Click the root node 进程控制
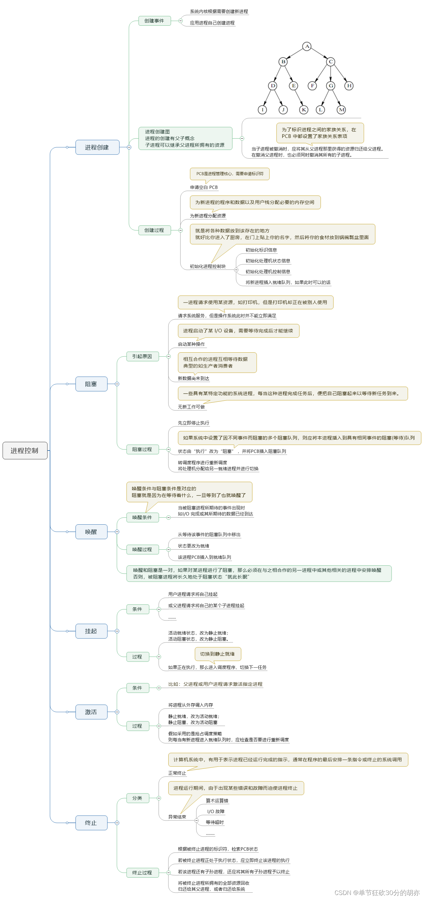pos(25,450)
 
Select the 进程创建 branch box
pos(97,147)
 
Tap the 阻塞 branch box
pos(91,384)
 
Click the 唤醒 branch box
pos(91,532)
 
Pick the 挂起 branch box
pos(91,631)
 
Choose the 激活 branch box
pos(91,712)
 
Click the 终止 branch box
pos(91,823)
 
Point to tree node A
pos(307,46)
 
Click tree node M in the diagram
pos(341,110)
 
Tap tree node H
pos(349,85)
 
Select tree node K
pos(303,110)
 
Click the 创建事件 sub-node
pos(154,21)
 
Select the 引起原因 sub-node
pos(142,356)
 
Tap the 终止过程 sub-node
pos(142,873)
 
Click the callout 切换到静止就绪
pos(217,654)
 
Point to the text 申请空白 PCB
pos(204,187)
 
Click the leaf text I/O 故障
pos(216,812)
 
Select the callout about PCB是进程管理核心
pos(230,174)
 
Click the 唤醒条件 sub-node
pos(142,517)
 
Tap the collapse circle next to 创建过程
pos(180,230)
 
